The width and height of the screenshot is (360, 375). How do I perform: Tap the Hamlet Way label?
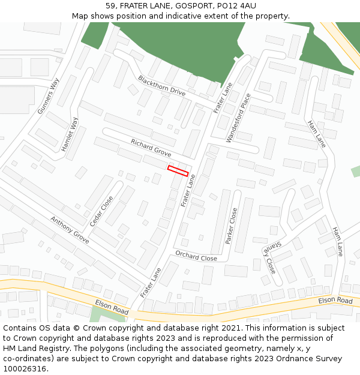70,135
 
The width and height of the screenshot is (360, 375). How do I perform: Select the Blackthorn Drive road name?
161,85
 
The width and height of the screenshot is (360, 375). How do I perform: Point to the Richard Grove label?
151,148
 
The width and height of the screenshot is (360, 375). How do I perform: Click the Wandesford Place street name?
238,118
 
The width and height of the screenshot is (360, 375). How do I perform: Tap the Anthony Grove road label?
70,230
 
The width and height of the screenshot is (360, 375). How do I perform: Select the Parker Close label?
232,226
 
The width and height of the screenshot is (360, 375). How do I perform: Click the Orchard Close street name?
196,256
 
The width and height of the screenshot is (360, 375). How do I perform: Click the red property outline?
178,170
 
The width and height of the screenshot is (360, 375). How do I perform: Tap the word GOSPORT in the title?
193,5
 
